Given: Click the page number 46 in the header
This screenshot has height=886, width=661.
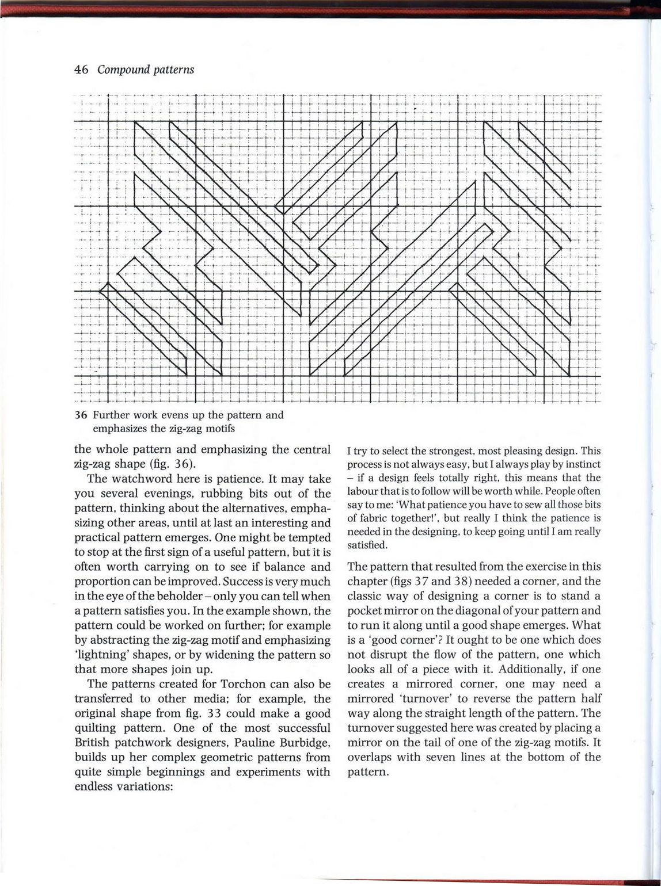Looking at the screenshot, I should pyautogui.click(x=81, y=70).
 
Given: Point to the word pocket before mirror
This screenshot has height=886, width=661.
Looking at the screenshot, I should pyautogui.click(x=366, y=610).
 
